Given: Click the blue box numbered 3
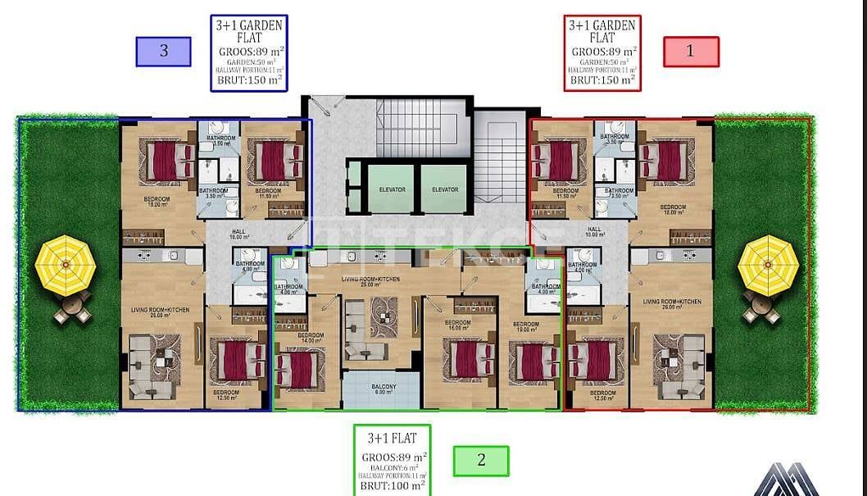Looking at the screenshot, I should point(164,52).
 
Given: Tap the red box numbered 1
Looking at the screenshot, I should point(690,52).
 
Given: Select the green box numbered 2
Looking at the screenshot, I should point(481,461).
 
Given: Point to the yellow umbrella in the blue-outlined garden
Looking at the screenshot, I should point(66,266).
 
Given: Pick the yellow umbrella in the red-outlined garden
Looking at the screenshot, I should point(768,266).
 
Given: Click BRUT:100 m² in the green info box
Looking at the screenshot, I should point(392,486).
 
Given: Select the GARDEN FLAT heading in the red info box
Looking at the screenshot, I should point(602,31).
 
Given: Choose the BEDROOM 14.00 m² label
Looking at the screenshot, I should point(311,339).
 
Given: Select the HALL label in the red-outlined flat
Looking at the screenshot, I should point(594,232).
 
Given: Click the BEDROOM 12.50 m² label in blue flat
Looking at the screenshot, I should point(226,395).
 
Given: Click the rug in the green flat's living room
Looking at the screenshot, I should point(383,315).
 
